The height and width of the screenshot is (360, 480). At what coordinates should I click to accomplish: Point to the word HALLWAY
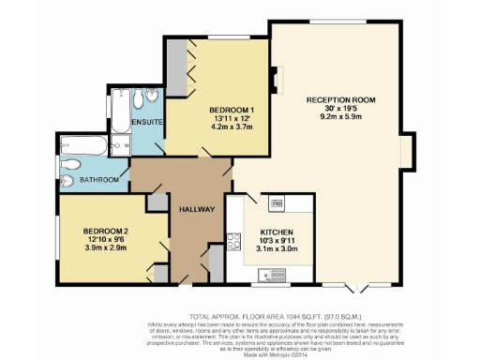(x=198, y=209)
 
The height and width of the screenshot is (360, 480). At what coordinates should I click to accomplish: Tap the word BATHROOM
(x=97, y=179)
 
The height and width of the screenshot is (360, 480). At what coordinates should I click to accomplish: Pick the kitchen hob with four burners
(x=278, y=203)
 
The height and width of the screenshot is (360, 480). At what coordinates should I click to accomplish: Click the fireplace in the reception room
(x=275, y=80)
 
